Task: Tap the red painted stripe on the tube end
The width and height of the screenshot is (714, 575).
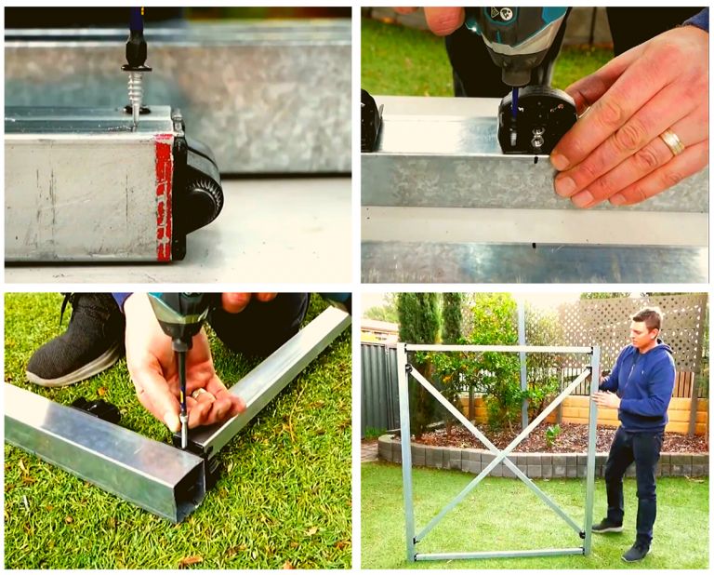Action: (x=165, y=195)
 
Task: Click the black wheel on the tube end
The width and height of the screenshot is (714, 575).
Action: (x=199, y=191)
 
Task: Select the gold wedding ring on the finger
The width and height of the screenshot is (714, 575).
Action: (x=672, y=142)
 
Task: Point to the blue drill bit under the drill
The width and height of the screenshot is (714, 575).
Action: (x=515, y=100)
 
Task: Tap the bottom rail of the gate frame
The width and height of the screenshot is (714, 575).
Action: (x=497, y=555)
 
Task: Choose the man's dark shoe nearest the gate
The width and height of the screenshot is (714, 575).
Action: (x=607, y=526)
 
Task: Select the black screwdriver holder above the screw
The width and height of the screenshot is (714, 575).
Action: (x=137, y=52)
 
